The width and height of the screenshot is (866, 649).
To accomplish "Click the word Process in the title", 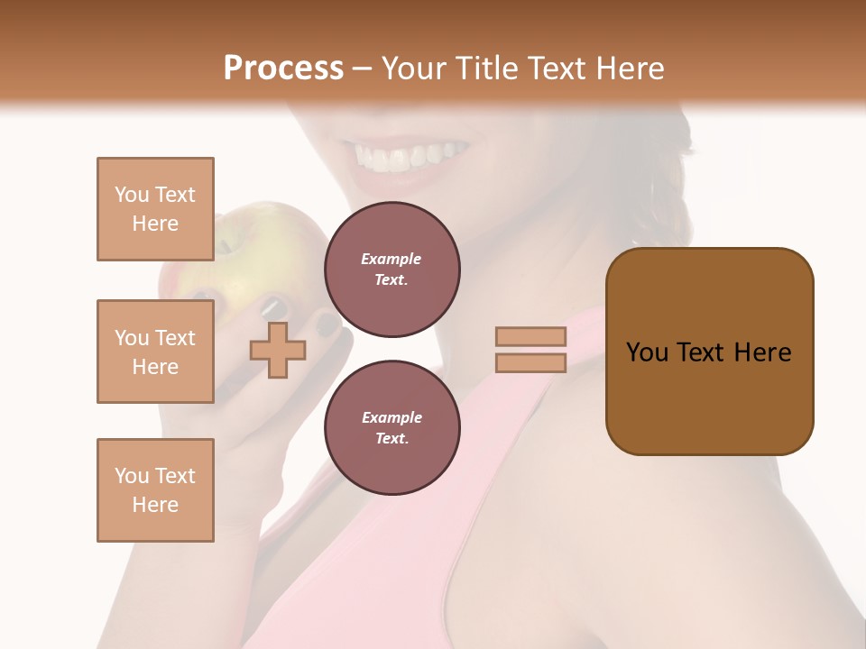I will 283,69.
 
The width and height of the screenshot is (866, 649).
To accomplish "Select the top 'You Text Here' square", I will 155,209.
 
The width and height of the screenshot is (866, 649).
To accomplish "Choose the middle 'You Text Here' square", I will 155,352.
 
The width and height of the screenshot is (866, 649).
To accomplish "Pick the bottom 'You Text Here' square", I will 155,490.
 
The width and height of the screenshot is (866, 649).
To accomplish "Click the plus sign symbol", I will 278,350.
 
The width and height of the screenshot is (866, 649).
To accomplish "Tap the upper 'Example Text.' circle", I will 392,270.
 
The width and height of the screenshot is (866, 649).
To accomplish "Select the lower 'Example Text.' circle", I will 392,428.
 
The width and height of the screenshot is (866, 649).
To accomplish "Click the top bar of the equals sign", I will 530,336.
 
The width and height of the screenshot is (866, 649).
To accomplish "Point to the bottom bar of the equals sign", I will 530,362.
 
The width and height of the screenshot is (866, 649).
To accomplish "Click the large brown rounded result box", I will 709,352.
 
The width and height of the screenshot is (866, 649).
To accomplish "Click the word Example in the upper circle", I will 392,259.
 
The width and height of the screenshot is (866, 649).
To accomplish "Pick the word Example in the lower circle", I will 392,417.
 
